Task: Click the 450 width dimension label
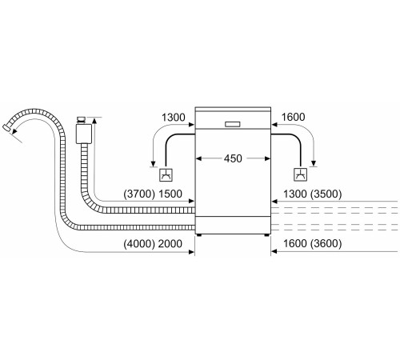tap(233, 158)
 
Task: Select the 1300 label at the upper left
tap(174, 118)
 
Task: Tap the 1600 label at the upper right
tap(293, 117)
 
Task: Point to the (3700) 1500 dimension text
tap(153, 194)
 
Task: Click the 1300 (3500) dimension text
tap(312, 194)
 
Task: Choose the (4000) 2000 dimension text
tap(153, 244)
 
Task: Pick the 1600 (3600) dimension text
tap(312, 243)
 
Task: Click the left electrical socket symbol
tap(166, 175)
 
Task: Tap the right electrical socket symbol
tap(300, 174)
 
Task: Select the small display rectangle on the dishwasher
tap(233, 124)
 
